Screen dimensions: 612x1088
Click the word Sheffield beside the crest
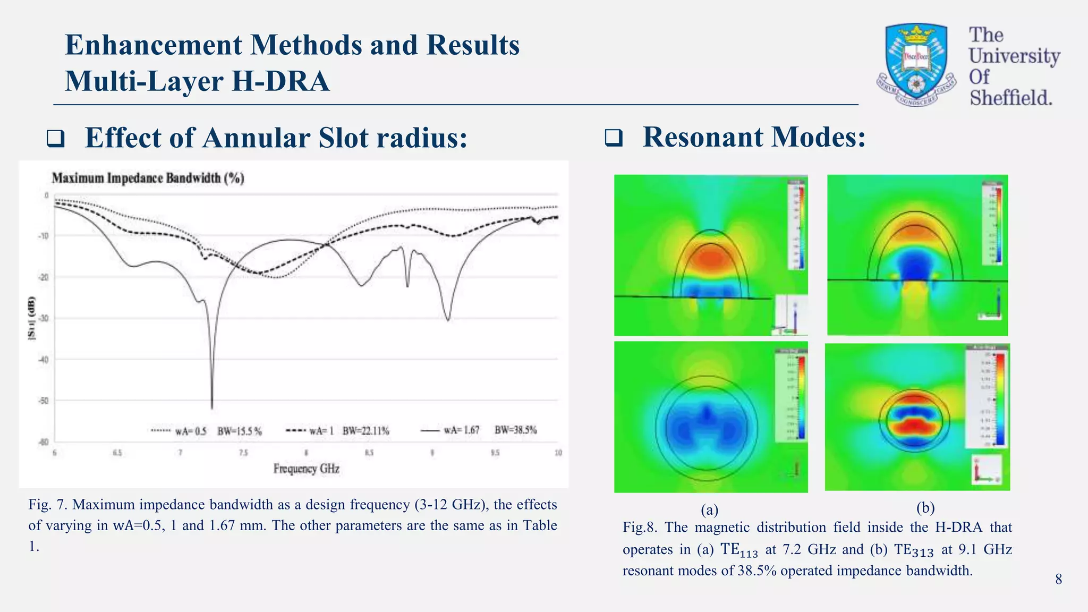click(1010, 98)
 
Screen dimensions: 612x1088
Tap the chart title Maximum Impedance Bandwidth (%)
click(148, 178)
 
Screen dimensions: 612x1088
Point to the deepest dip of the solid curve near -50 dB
click(212, 406)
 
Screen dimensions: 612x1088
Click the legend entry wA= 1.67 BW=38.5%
click(479, 430)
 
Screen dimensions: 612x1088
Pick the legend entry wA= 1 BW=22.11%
click(338, 431)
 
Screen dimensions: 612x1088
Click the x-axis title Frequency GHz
click(306, 469)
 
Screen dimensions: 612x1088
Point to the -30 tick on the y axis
click(43, 319)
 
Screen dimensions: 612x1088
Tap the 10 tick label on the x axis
click(558, 453)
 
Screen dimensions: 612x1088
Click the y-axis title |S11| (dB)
click(32, 318)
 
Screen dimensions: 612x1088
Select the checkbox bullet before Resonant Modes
click(614, 139)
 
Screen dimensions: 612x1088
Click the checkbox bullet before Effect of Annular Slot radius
click(56, 139)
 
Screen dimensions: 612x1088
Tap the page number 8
click(1058, 579)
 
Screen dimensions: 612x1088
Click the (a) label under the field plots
click(709, 510)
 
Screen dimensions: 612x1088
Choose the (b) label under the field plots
click(925, 508)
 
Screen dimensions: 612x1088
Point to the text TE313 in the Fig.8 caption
click(913, 550)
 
